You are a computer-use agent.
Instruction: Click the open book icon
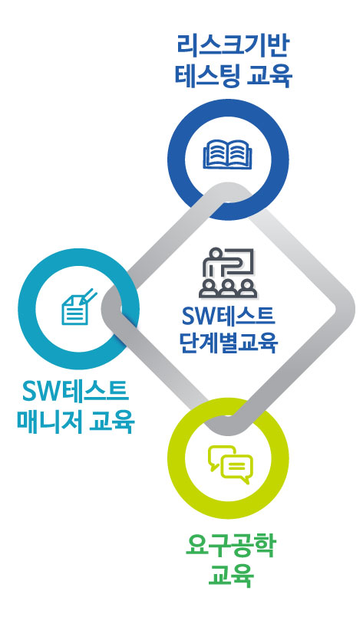pyautogui.click(x=228, y=153)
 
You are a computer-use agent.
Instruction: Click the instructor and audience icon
pyautogui.click(x=228, y=272)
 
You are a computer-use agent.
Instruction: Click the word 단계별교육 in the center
pyautogui.click(x=229, y=342)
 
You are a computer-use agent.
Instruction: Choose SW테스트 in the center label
pyautogui.click(x=229, y=316)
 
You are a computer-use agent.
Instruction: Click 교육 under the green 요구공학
pyautogui.click(x=230, y=576)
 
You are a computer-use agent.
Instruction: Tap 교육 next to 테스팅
pyautogui.click(x=268, y=76)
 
